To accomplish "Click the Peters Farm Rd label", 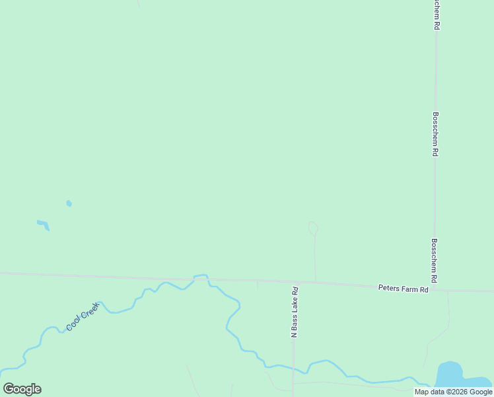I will [x=404, y=288].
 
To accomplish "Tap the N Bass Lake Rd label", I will [x=295, y=312].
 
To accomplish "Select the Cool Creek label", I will [x=83, y=316].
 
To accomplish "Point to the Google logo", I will [x=22, y=389].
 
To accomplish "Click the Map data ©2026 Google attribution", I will [x=453, y=392].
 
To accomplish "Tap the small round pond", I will [x=69, y=203].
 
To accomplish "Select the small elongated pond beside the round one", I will [x=43, y=224].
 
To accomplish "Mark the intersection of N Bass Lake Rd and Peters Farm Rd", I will [x=295, y=283].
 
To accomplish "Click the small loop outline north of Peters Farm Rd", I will [x=313, y=228].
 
